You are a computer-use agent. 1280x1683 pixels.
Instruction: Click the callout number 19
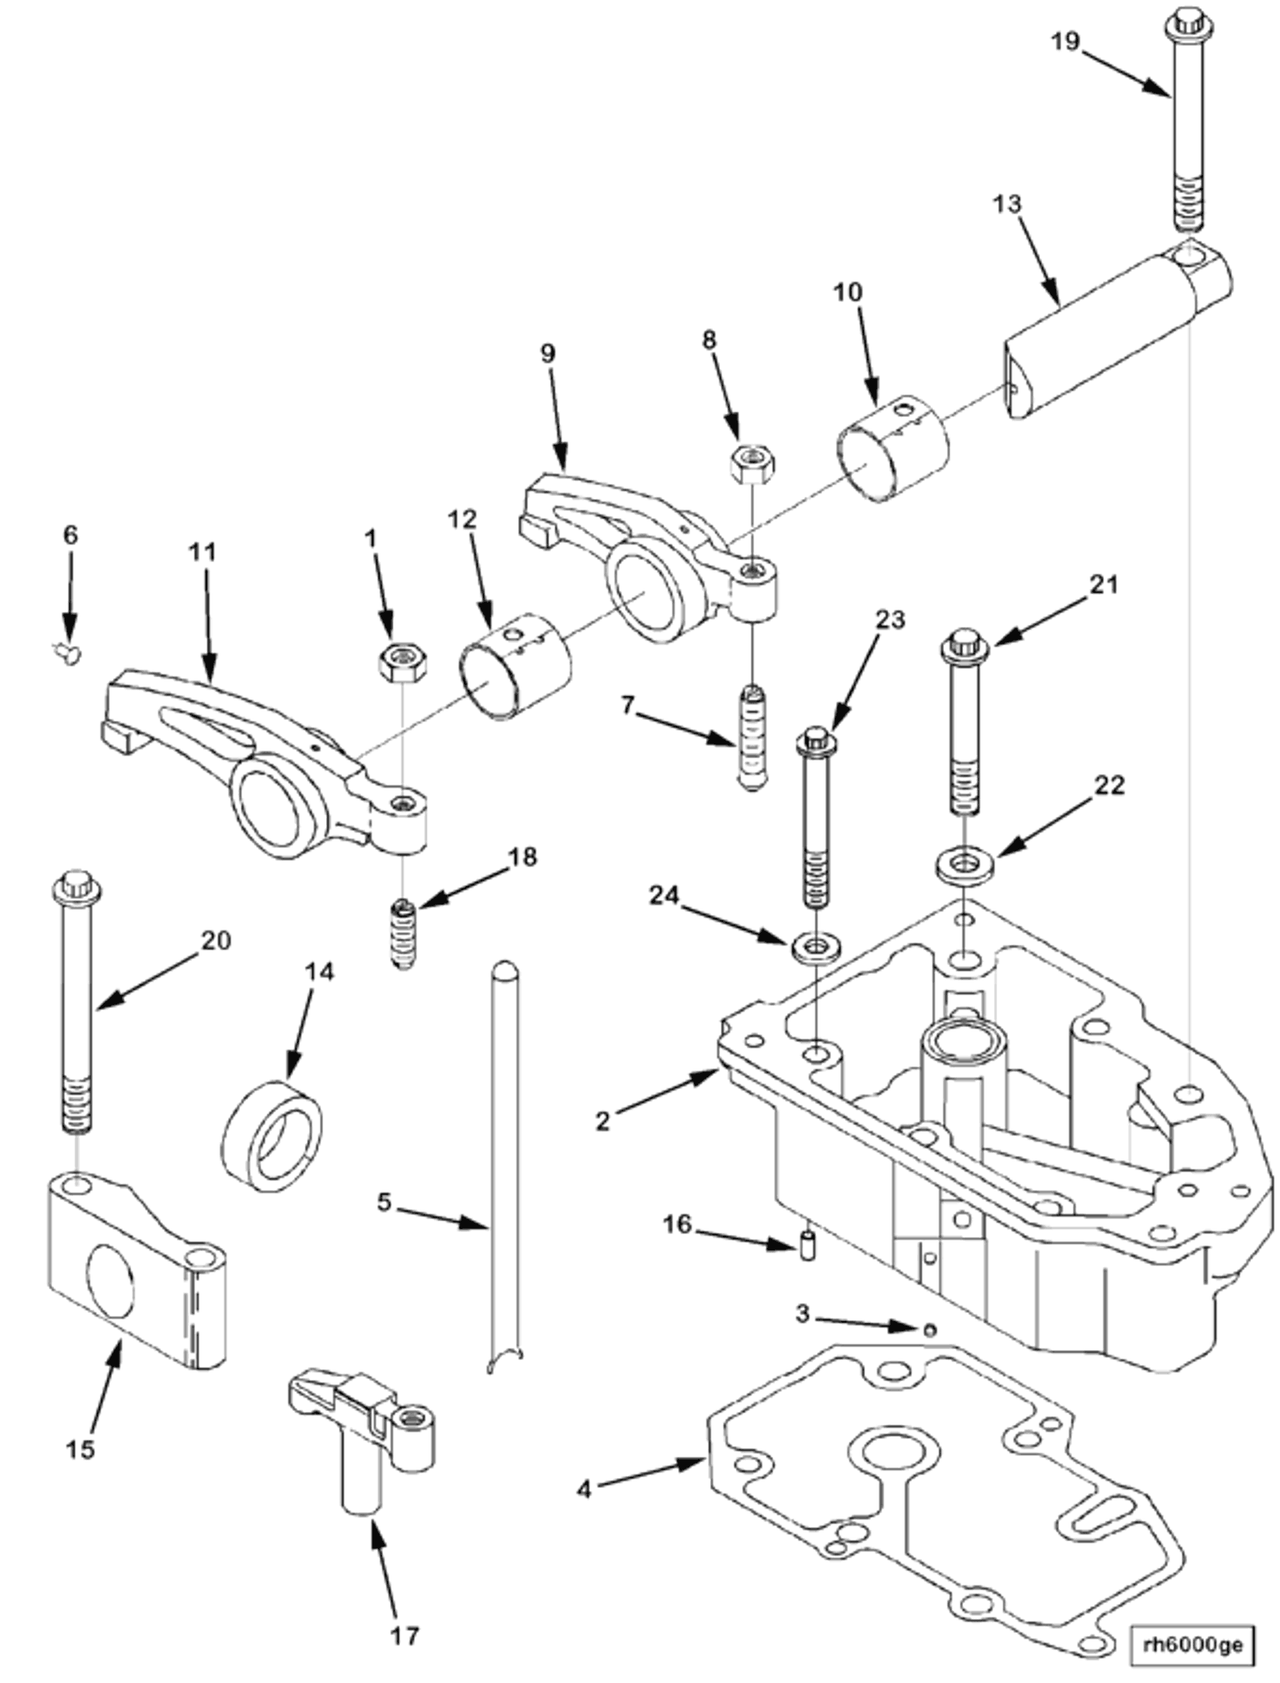pos(1065,40)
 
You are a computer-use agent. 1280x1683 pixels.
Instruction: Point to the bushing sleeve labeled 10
pos(894,450)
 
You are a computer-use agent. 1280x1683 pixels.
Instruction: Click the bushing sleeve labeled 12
pos(515,666)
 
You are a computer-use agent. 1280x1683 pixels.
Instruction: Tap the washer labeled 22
pos(967,865)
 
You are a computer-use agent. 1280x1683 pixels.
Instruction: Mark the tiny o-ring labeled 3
pos(929,1330)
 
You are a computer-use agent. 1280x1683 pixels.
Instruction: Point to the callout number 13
pos(1006,205)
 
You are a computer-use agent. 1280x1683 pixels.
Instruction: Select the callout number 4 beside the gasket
pos(584,1489)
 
